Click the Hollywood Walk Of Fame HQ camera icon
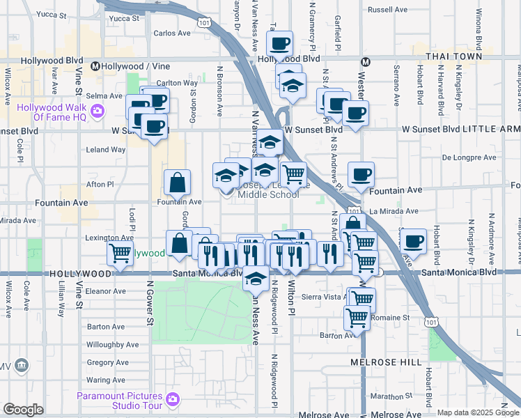[x=97, y=111]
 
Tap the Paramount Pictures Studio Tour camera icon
[x=173, y=400]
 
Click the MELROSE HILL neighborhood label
[x=386, y=362]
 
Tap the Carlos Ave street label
[x=171, y=33]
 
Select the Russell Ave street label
[x=386, y=10]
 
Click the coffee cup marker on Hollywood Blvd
[x=280, y=44]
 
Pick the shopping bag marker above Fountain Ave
[x=178, y=183]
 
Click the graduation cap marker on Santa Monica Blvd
[x=256, y=279]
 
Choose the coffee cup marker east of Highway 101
[x=413, y=241]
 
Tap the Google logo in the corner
[x=24, y=410]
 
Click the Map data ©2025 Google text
[x=478, y=412]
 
